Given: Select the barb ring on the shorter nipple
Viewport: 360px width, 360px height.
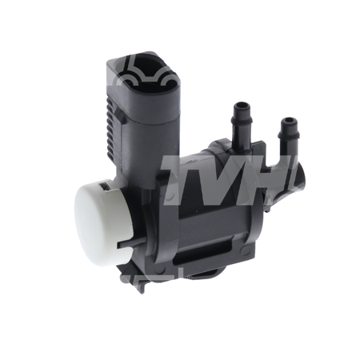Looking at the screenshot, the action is point(289,135).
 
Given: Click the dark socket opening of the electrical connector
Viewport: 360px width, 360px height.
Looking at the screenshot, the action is point(150,73).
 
